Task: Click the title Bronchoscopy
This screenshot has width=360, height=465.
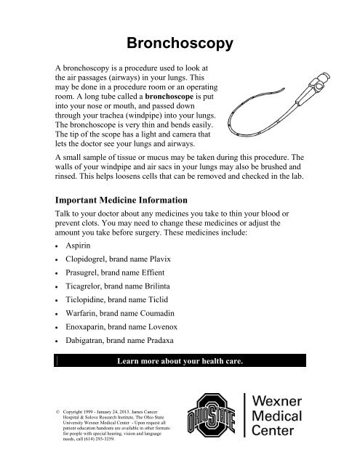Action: [179, 44]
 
